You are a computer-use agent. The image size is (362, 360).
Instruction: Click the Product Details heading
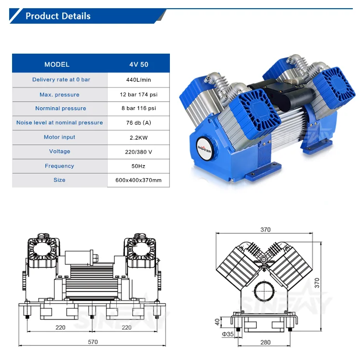click(x=58, y=16)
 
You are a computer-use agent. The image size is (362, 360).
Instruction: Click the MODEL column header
click(x=57, y=64)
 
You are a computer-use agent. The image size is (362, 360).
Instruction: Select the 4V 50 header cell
click(x=139, y=64)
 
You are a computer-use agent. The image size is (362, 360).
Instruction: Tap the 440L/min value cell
click(x=139, y=80)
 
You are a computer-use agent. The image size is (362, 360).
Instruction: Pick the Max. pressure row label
click(x=59, y=95)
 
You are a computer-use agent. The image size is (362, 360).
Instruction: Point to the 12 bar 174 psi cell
click(x=139, y=95)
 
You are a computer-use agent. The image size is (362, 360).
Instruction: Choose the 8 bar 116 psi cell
click(x=139, y=108)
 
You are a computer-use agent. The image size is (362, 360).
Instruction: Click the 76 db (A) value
click(x=139, y=123)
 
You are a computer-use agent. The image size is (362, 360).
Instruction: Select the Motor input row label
click(x=59, y=137)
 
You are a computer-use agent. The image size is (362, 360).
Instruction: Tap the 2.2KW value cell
click(x=139, y=138)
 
